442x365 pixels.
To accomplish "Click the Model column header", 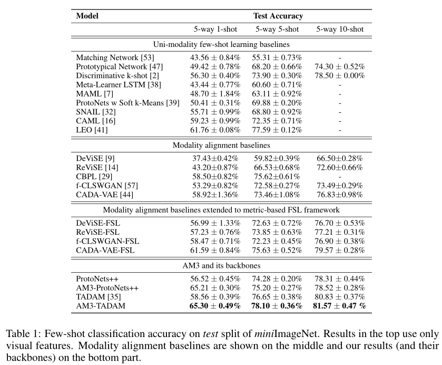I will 87,16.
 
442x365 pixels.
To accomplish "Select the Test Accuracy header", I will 278,16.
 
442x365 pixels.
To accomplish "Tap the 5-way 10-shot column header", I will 340,30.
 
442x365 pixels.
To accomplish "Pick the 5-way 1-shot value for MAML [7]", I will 215,93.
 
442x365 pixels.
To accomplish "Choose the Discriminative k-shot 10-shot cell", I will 340,75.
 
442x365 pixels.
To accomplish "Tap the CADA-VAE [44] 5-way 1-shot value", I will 215,194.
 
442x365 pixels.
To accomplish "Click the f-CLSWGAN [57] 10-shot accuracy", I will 340,185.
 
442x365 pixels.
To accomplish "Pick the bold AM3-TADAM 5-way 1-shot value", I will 215,305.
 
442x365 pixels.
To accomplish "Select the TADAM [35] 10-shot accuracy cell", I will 340,296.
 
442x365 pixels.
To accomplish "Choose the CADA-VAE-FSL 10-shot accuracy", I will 340,249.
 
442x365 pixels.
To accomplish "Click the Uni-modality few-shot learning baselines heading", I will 221,44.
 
